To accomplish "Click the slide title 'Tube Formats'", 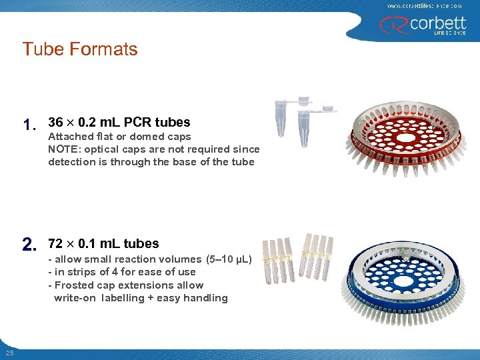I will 79,49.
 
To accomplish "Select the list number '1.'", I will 29,125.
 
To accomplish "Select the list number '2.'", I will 29,246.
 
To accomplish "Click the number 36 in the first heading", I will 56,122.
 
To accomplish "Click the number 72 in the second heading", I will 56,243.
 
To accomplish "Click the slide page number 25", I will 9,353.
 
